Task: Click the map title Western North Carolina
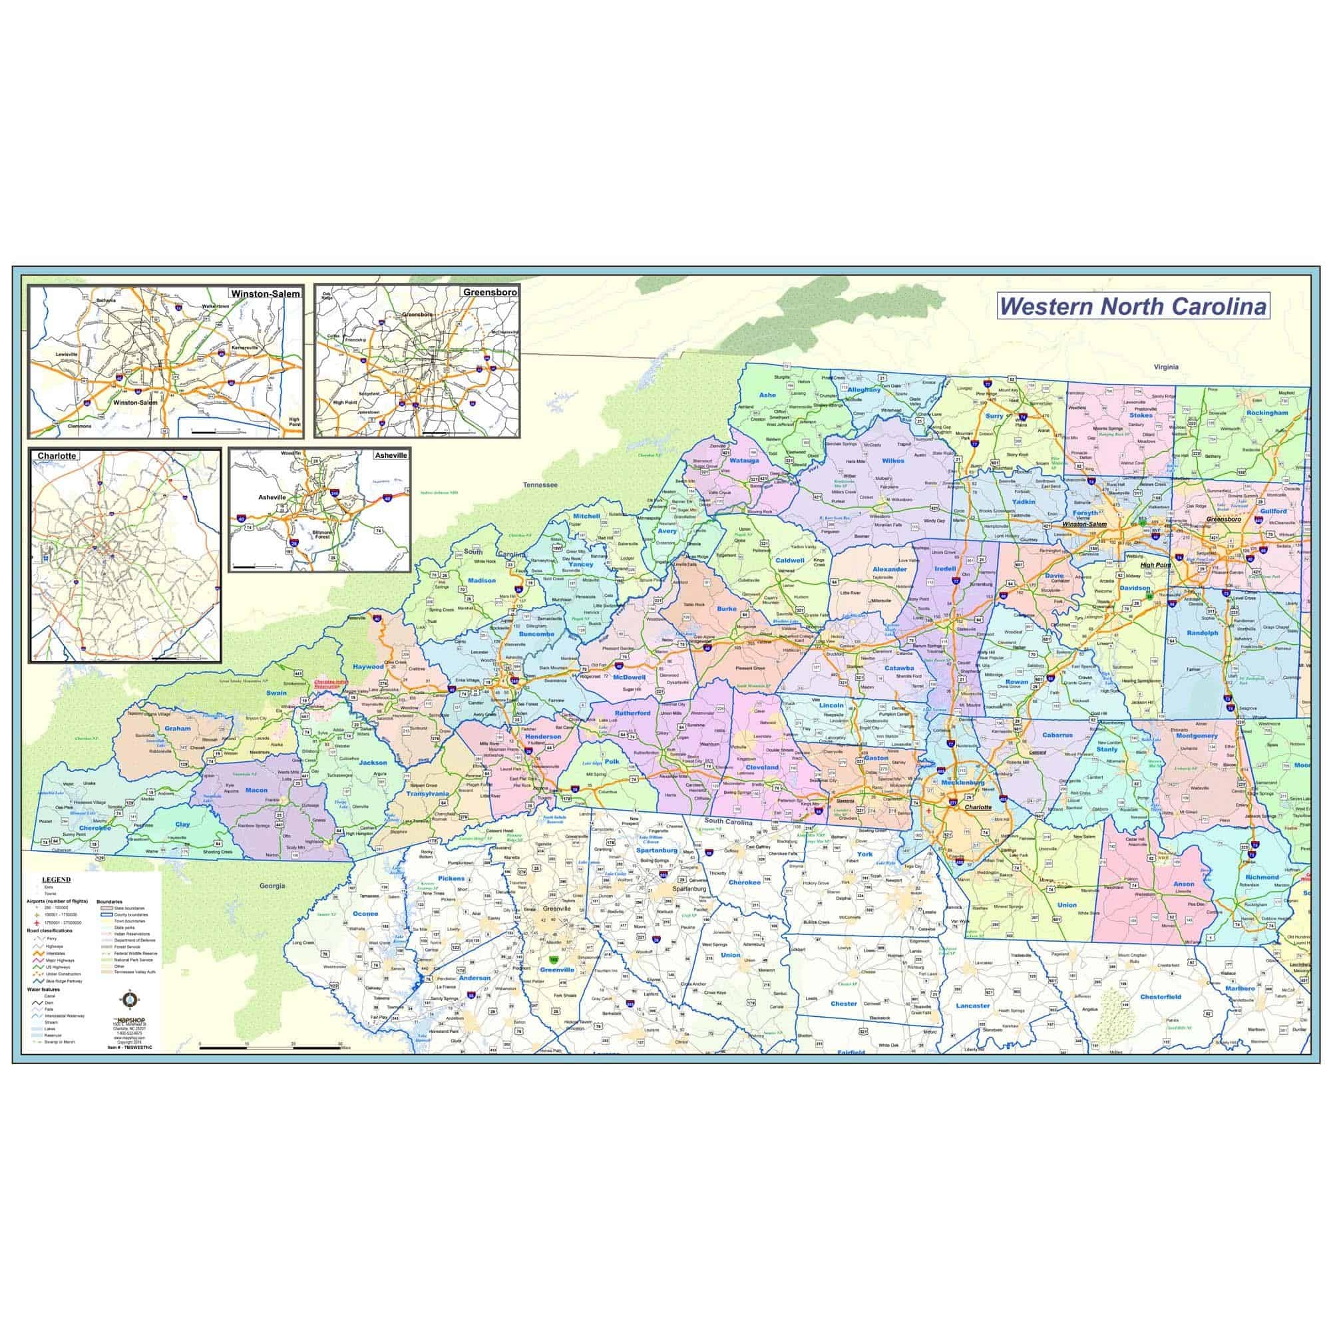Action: click(1133, 306)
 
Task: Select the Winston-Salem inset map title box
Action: click(266, 294)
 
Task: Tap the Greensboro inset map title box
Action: click(490, 292)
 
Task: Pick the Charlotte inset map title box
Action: click(57, 456)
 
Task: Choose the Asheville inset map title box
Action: click(390, 455)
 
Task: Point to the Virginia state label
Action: click(1166, 367)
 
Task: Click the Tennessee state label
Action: click(540, 484)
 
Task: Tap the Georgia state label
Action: click(273, 885)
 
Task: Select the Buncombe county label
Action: click(536, 633)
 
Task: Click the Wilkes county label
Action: click(893, 461)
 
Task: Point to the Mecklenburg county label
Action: click(964, 783)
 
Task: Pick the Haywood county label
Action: click(368, 667)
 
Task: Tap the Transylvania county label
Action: click(427, 793)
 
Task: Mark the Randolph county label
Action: click(1202, 632)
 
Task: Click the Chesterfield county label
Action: click(1161, 996)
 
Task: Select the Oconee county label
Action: click(365, 914)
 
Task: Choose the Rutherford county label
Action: click(632, 713)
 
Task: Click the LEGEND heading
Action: click(57, 880)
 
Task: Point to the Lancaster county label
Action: click(972, 1005)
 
